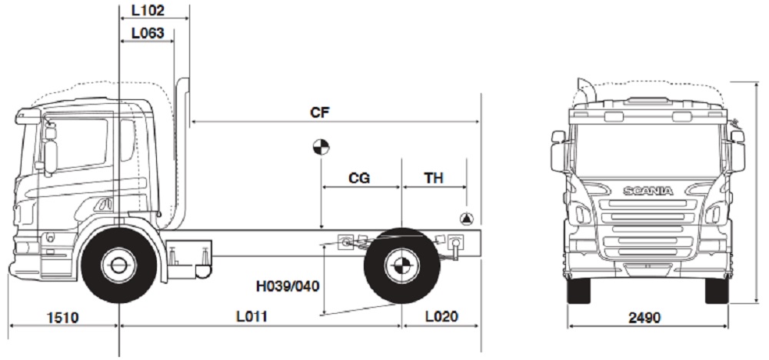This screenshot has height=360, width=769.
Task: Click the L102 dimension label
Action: tap(148, 12)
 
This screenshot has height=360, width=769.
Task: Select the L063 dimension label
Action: tap(148, 33)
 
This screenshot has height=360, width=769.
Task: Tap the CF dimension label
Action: tap(320, 112)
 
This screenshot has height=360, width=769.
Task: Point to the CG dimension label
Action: tap(359, 178)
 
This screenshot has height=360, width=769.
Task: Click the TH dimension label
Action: tap(434, 178)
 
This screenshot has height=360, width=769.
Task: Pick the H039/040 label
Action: tap(288, 286)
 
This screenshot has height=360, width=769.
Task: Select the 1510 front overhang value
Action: tap(62, 317)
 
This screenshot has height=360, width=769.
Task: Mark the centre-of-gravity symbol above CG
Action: tap(321, 147)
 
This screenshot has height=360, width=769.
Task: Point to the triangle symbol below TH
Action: tap(466, 218)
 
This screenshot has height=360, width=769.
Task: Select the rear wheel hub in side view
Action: tap(401, 266)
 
